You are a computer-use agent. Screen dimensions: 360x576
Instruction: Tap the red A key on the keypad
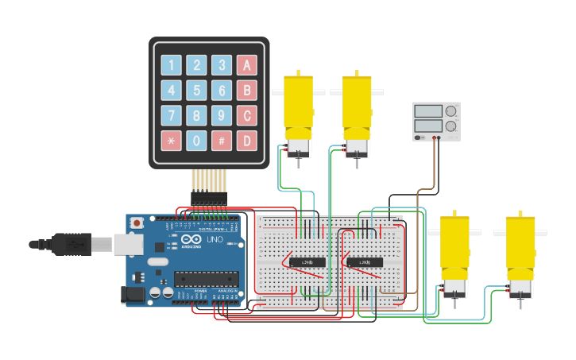(246, 65)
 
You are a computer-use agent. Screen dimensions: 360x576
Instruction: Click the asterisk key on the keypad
(171, 141)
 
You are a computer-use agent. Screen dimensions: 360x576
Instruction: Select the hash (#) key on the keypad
(222, 141)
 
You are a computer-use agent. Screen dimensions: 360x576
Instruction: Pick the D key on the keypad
(246, 141)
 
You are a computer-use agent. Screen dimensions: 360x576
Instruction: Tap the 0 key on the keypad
(196, 141)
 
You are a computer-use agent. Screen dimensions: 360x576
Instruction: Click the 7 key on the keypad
(171, 115)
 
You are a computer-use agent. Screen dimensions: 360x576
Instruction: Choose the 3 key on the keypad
(222, 65)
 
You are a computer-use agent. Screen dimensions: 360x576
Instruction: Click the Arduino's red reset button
(137, 223)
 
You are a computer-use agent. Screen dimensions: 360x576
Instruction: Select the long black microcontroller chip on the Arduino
(206, 278)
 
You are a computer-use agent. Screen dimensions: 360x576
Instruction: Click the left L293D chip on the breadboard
(307, 261)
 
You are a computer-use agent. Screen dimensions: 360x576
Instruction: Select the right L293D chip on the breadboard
(365, 261)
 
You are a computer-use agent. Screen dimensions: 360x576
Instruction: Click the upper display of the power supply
(429, 111)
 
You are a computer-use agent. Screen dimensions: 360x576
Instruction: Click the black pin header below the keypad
(209, 198)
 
